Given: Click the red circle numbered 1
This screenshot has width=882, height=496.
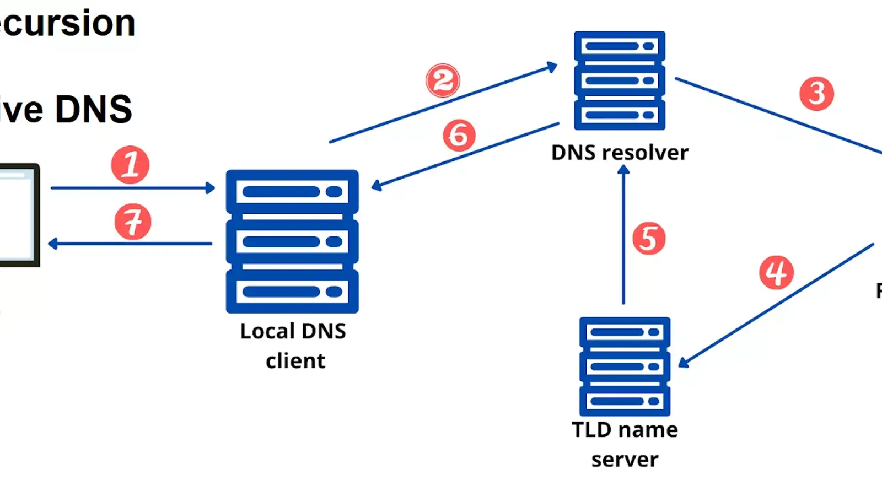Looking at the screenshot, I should point(130,165).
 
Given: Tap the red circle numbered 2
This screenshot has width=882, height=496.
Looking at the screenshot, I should point(443,80).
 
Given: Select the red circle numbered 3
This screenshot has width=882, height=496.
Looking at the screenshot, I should point(816,93).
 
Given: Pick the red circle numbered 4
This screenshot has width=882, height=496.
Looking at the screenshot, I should point(776,272).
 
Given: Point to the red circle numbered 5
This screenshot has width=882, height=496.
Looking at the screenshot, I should point(649,238).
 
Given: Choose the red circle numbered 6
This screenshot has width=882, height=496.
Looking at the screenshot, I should point(459,136).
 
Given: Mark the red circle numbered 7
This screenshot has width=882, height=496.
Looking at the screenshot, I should point(132,222).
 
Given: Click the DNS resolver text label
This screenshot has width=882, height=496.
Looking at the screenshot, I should point(620,153).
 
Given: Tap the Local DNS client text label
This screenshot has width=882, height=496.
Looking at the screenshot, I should point(293,346).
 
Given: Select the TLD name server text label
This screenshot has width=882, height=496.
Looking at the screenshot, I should point(625,444).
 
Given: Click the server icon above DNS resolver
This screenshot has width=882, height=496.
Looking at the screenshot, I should point(620,80).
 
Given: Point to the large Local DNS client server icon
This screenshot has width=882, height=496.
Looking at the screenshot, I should point(292,241).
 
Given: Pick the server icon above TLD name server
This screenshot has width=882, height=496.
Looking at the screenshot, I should point(625,366).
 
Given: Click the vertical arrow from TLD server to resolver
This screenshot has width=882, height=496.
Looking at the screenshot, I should point(623,237).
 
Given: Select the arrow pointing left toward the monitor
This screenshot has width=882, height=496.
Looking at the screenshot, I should point(130,243).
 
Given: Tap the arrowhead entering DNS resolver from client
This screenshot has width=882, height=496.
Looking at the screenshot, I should point(552,67).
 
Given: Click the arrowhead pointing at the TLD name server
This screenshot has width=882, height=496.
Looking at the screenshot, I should point(684,362).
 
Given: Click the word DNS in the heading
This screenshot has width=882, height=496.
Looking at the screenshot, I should point(94,109).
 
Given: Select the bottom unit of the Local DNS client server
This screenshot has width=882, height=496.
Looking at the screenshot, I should point(292,291).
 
